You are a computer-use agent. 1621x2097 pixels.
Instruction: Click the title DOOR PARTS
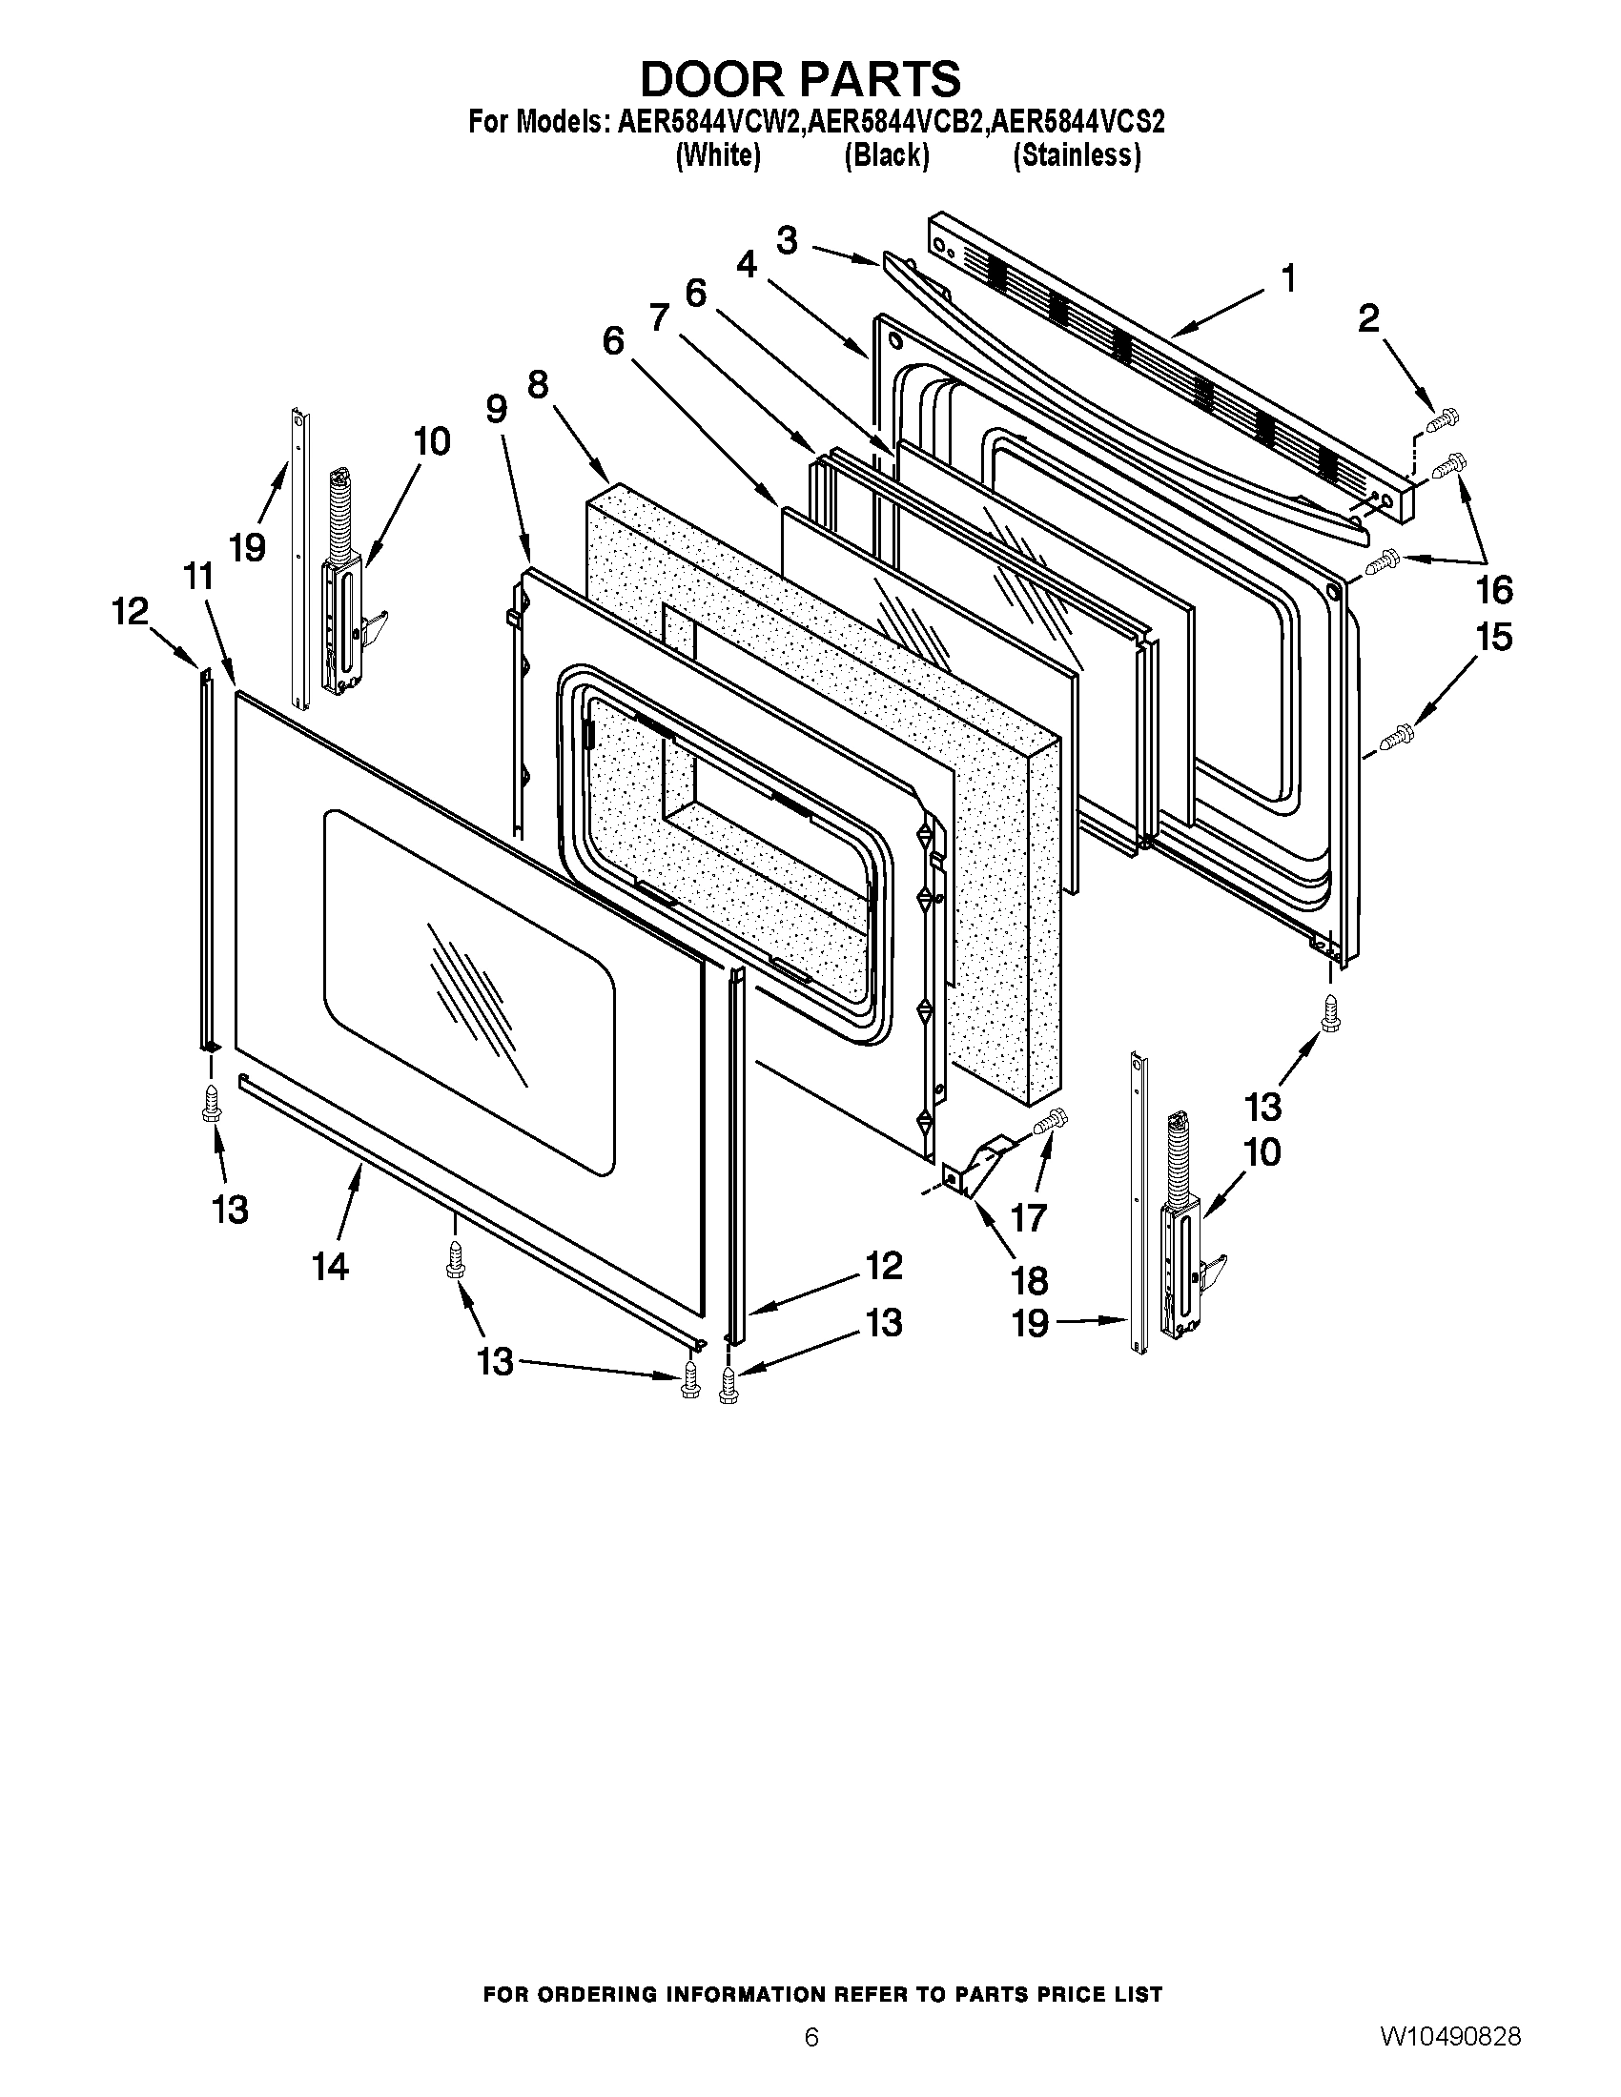800,79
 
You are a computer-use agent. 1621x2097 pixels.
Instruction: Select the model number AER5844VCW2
706,123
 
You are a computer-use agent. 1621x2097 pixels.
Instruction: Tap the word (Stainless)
1077,155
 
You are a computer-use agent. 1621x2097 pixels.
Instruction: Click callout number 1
1289,279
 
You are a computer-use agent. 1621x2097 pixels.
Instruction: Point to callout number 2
1368,317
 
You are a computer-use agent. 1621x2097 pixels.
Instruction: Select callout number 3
788,240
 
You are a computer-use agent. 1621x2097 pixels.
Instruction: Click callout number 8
538,385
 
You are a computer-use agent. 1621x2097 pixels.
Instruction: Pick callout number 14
329,1267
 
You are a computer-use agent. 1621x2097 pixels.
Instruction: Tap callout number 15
1494,637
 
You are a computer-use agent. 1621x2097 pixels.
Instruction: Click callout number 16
1494,588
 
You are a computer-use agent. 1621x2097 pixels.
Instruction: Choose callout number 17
1029,1217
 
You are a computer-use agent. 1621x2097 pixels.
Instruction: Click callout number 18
1029,1280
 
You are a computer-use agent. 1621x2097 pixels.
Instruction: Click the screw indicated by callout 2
1444,418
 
